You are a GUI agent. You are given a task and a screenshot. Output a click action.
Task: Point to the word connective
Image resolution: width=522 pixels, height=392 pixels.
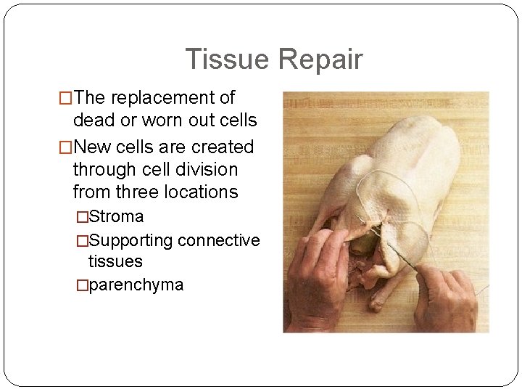pos(218,240)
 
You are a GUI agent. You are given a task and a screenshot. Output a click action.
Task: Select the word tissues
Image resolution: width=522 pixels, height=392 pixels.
pos(115,261)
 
